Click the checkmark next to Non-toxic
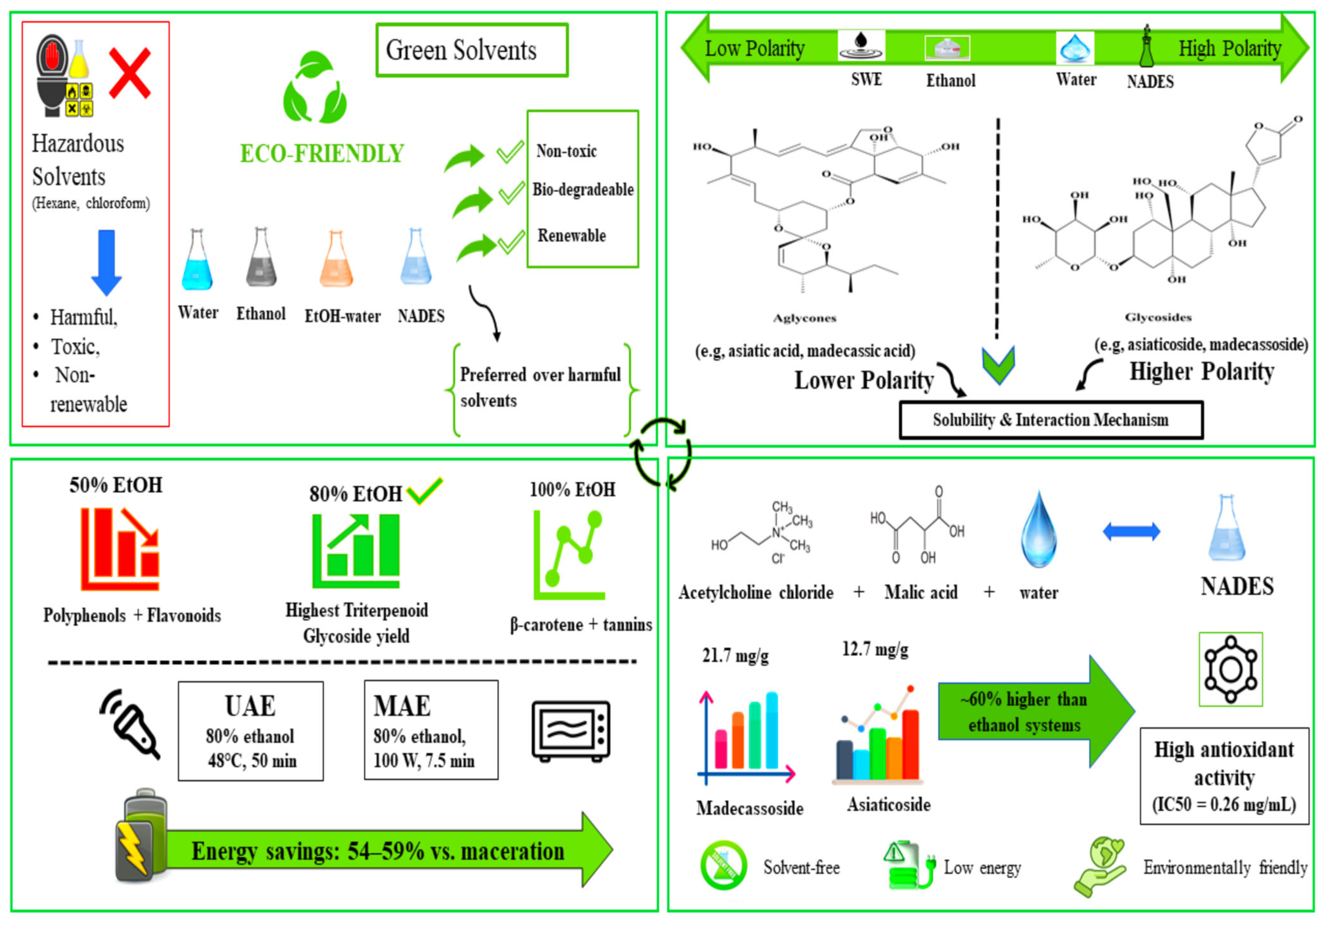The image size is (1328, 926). [x=510, y=153]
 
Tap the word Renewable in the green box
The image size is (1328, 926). [x=572, y=235]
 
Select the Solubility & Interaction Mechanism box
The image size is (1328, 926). [x=1051, y=420]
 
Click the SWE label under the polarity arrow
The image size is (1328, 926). [x=866, y=79]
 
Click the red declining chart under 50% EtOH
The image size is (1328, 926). [x=120, y=549]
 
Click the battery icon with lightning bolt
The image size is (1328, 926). [x=142, y=835]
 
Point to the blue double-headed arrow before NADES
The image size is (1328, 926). [x=1131, y=532]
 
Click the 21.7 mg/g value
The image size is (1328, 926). [x=735, y=655]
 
